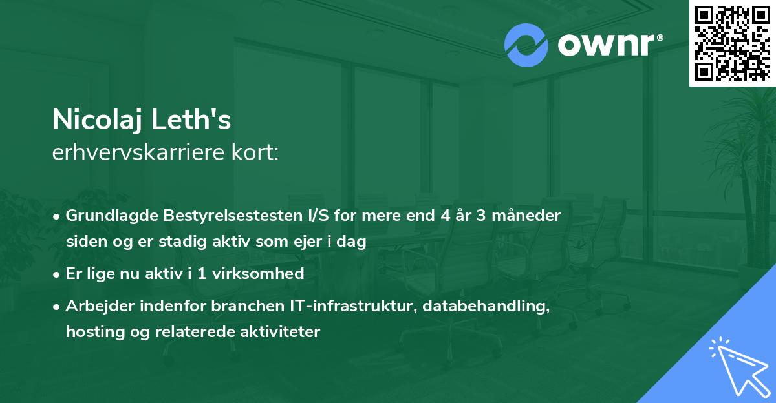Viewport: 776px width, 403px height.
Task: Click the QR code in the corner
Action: click(732, 43)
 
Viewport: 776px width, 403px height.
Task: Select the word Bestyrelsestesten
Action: click(213, 215)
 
